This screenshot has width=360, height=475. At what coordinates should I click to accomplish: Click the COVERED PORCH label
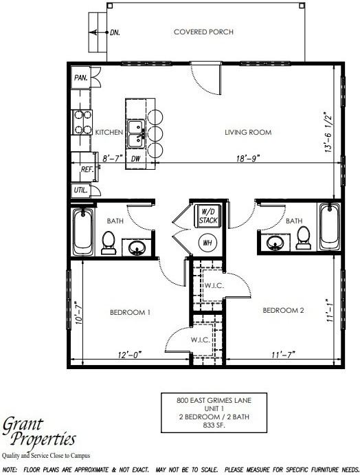(203, 32)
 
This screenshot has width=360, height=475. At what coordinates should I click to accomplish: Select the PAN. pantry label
(80, 77)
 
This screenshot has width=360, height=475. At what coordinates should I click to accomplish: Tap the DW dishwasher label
(136, 158)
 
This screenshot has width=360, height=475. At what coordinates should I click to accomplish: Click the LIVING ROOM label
(248, 132)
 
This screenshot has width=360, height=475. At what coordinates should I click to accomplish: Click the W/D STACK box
(207, 216)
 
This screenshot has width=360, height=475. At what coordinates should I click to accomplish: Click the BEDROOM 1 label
(130, 313)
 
